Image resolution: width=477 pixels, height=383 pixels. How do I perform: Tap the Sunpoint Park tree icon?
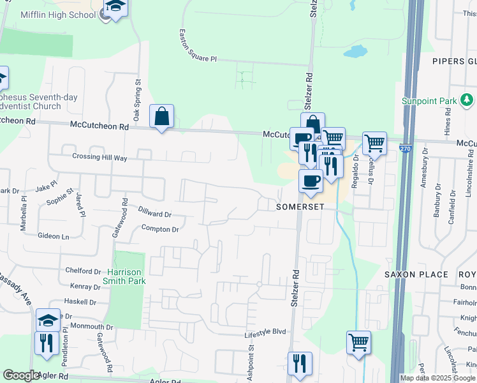tap(467, 100)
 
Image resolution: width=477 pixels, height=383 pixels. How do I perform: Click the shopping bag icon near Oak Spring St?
tap(161, 116)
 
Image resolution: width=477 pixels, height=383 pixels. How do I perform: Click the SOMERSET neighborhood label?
tap(300, 207)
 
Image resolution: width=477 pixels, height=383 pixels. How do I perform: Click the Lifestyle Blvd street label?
tap(265, 332)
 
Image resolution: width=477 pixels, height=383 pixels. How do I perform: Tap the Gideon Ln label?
tap(53, 236)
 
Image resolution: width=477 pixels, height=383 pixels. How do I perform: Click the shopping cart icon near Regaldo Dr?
tap(374, 144)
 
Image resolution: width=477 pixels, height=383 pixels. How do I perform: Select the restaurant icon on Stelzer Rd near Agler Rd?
tap(300, 363)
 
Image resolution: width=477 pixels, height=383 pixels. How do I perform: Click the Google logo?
tap(21, 375)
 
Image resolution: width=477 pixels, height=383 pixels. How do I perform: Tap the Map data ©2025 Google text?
tap(437, 378)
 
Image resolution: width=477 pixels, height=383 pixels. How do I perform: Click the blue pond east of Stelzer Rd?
tap(355, 51)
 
